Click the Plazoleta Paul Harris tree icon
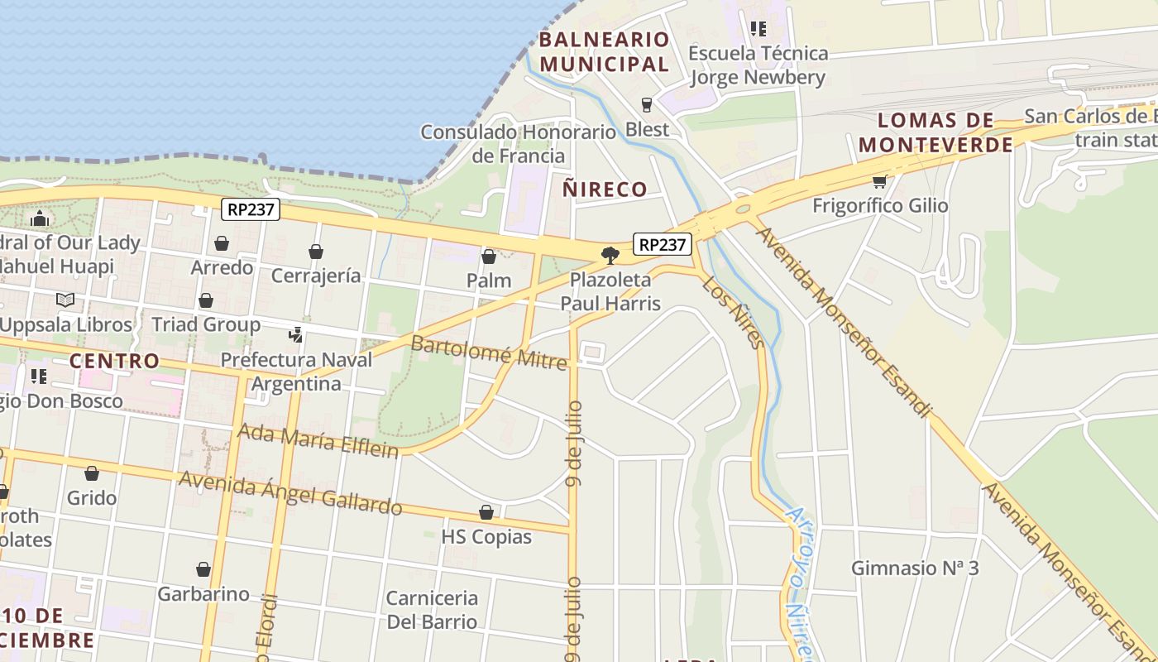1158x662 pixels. pyautogui.click(x=610, y=255)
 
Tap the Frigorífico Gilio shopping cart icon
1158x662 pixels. pyautogui.click(x=879, y=181)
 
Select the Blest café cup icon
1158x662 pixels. pyautogui.click(x=647, y=105)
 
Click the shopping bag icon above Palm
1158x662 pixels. pyautogui.click(x=489, y=257)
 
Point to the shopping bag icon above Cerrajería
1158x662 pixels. pyautogui.click(x=315, y=252)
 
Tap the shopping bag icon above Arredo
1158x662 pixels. pyautogui.click(x=222, y=243)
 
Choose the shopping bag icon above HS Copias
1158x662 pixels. pyautogui.click(x=486, y=513)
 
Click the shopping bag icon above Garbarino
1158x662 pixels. pyautogui.click(x=203, y=569)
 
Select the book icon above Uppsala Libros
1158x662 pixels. pyautogui.click(x=65, y=300)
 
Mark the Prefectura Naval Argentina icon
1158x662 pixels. pyautogui.click(x=295, y=335)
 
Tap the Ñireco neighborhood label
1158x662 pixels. pyautogui.click(x=605, y=189)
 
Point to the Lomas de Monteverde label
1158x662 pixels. pyautogui.click(x=935, y=132)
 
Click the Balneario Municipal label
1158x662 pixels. pyautogui.click(x=604, y=51)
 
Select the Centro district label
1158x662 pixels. pyautogui.click(x=114, y=361)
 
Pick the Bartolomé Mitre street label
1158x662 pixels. pyautogui.click(x=489, y=353)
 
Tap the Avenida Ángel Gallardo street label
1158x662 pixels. pyautogui.click(x=290, y=492)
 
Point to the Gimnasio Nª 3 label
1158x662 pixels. pyautogui.click(x=915, y=568)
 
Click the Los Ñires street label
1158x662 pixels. pyautogui.click(x=732, y=313)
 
